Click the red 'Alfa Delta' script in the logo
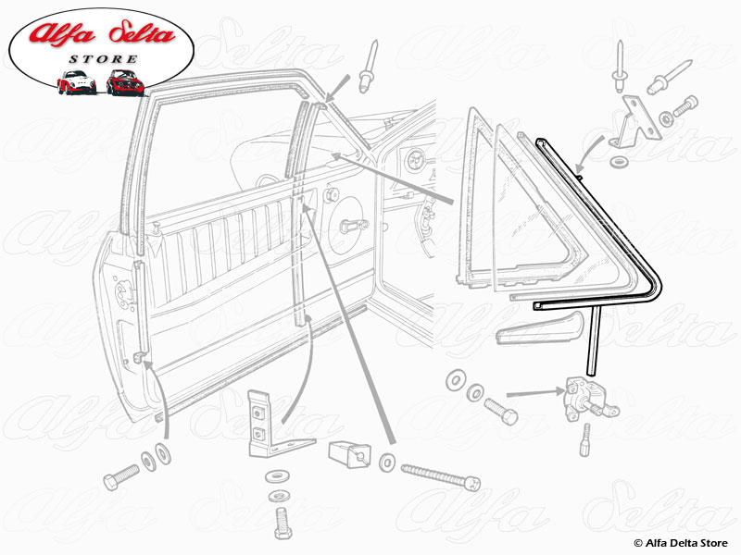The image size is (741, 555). click(x=102, y=34)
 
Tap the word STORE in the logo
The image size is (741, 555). click(x=104, y=59)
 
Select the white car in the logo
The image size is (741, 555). click(x=77, y=82)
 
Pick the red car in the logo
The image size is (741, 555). click(x=125, y=82)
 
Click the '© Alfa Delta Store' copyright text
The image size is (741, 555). click(x=681, y=543)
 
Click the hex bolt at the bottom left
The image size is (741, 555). click(x=121, y=476)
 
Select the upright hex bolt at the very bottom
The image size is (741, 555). click(x=283, y=523)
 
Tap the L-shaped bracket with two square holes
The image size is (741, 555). click(x=274, y=425)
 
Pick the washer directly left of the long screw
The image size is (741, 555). click(x=387, y=462)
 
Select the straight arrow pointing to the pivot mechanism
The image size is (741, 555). click(x=535, y=392)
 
